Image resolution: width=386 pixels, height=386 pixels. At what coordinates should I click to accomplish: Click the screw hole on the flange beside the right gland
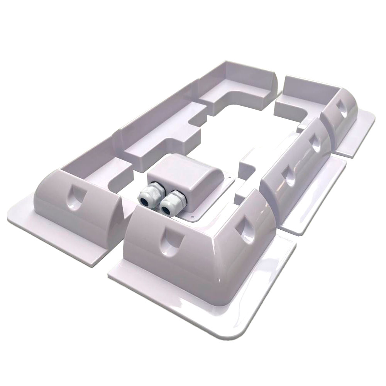coord(193,218)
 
